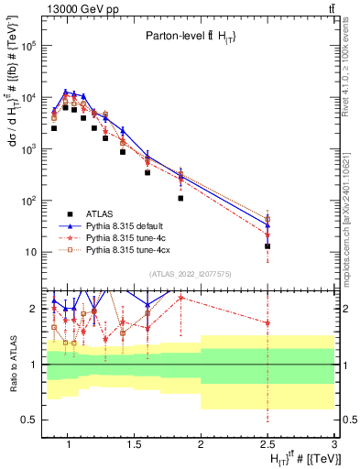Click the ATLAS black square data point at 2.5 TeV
click(267, 246)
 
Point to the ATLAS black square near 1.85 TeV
click(181, 198)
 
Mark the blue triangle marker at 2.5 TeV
click(267, 225)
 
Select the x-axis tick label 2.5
click(267, 448)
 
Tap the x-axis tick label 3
click(334, 448)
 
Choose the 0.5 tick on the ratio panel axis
click(29, 420)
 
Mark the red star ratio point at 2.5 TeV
click(267, 323)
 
